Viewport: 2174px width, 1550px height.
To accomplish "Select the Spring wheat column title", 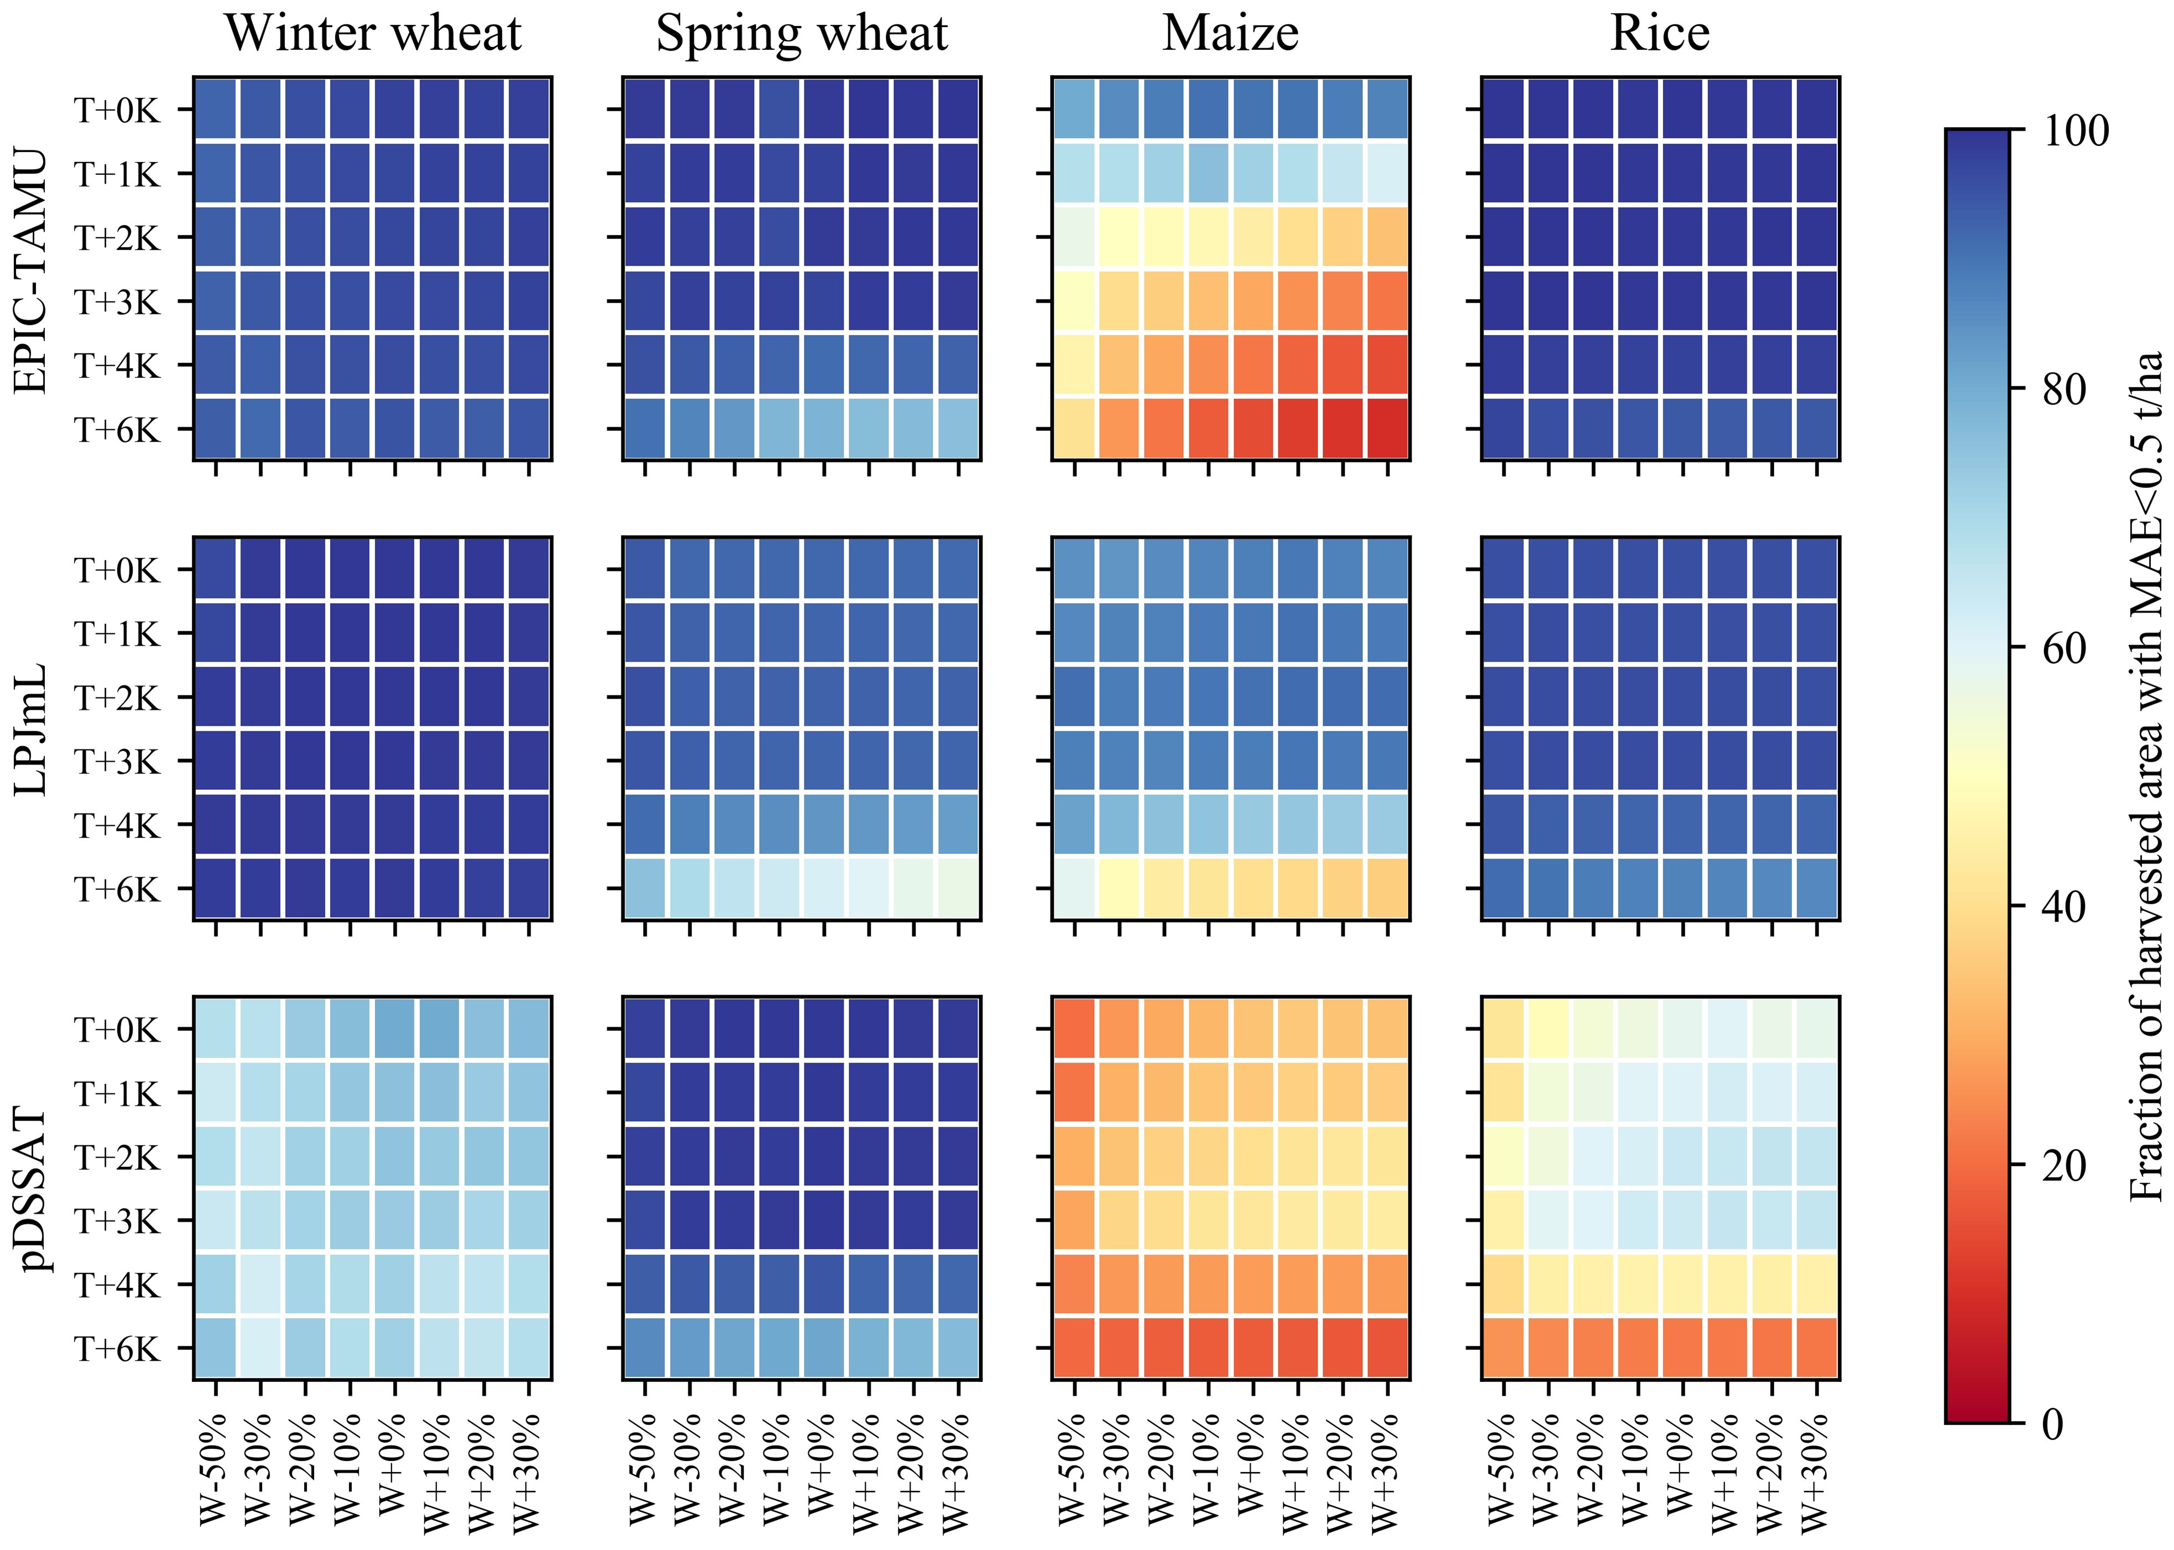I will point(802,34).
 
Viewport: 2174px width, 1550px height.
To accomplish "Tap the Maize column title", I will point(1230,34).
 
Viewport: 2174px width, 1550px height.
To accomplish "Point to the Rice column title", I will point(1660,34).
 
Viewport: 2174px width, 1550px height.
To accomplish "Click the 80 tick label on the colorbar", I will point(2074,389).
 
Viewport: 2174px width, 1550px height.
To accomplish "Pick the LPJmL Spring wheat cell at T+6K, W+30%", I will point(957,888).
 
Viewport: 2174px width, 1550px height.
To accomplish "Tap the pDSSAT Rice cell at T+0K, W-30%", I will point(1549,1029).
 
